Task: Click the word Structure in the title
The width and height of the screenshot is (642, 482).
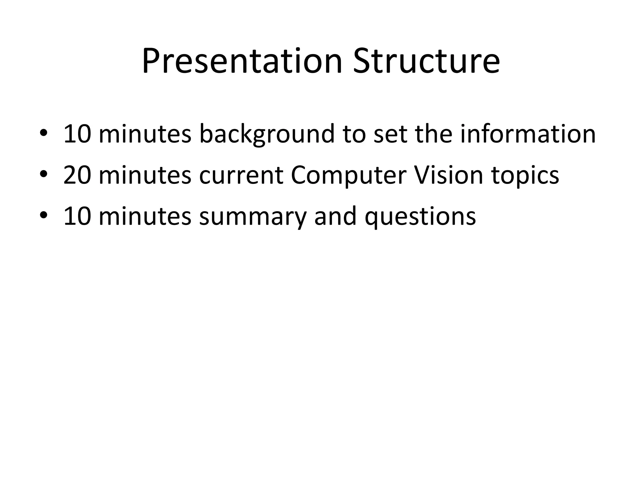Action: pos(426,61)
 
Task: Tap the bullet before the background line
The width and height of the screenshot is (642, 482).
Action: pos(44,134)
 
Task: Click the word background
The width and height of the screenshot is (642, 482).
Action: pos(267,134)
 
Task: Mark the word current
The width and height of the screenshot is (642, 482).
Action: pos(241,175)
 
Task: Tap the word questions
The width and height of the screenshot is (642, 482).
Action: pos(420,217)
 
